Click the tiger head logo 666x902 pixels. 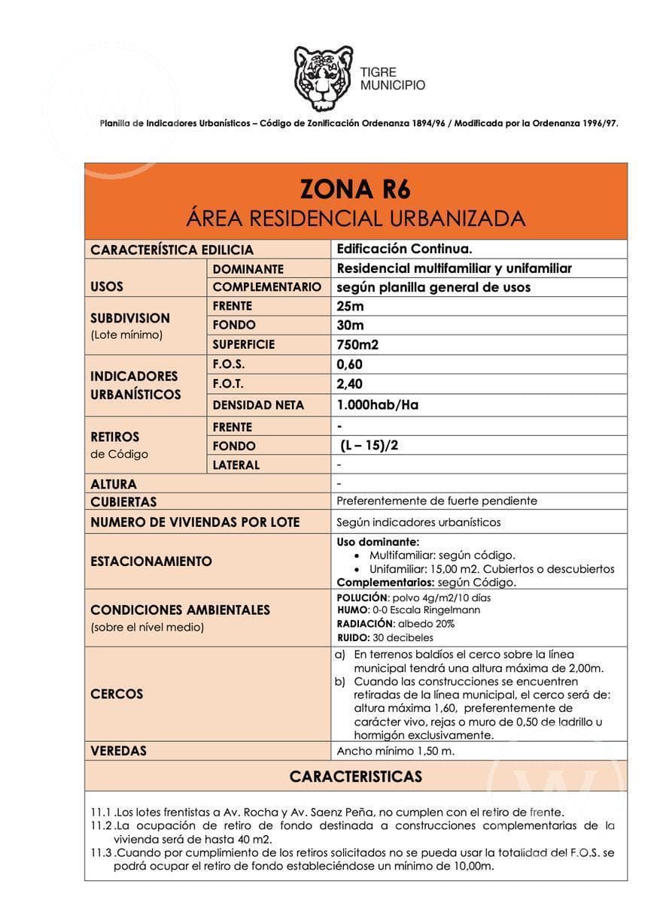click(323, 78)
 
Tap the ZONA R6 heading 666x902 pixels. click(355, 188)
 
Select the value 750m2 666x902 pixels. click(357, 345)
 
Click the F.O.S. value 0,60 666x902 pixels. click(350, 365)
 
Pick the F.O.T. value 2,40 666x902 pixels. click(350, 384)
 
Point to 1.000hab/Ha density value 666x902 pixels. click(377, 405)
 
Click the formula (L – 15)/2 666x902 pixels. click(369, 446)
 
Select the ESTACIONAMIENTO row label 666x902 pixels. click(151, 561)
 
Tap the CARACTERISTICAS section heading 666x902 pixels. click(355, 776)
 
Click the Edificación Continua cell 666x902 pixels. click(404, 249)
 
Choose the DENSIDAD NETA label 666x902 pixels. click(258, 405)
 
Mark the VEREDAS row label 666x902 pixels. click(119, 751)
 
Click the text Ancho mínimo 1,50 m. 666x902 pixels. click(395, 751)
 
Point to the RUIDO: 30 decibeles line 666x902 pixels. click(385, 638)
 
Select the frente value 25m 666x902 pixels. click(350, 306)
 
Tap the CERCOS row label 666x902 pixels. click(117, 694)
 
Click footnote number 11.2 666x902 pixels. click(101, 826)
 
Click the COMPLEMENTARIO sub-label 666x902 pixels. click(266, 287)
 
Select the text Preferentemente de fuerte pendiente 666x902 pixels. click(436, 501)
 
